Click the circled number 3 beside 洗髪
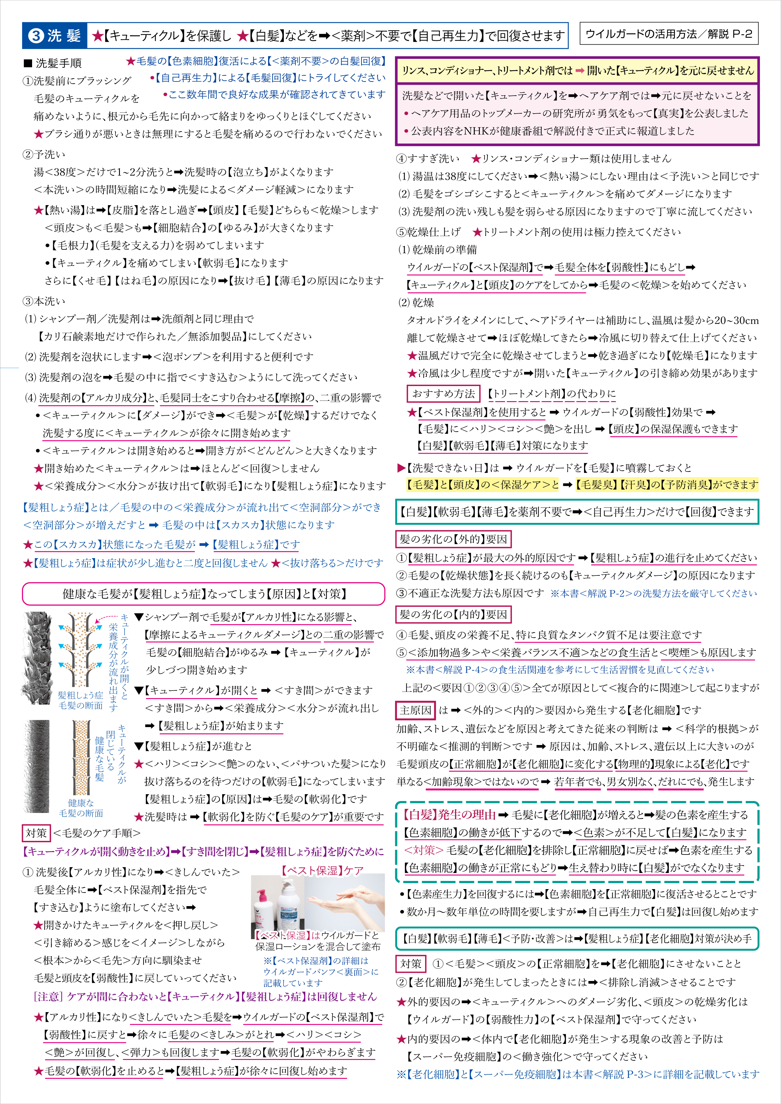point(36,36)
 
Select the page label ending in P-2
point(668,34)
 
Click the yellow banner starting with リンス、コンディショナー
point(577,71)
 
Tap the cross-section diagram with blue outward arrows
point(80,649)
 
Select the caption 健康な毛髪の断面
point(81,808)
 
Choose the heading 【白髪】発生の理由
point(450,815)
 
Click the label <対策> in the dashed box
point(424,850)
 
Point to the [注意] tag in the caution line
point(48,997)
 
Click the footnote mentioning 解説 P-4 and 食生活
point(560,670)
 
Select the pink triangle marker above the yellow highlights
point(402,468)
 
